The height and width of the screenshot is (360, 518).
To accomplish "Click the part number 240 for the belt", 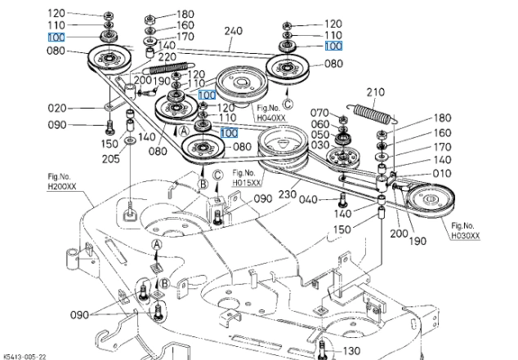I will (x=234, y=32).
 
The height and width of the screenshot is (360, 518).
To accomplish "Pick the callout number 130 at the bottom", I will (x=351, y=350).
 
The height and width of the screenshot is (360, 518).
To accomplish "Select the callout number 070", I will (x=319, y=112).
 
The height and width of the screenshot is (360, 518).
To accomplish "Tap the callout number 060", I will (x=319, y=124).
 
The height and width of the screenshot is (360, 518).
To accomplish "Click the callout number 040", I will (x=308, y=199).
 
